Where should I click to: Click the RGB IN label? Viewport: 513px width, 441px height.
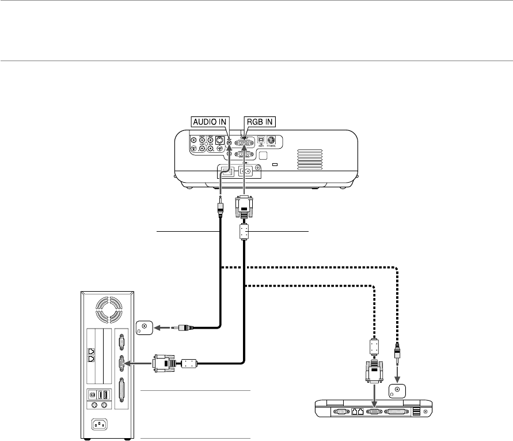[260, 122]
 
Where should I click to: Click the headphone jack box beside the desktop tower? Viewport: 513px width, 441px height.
[144, 327]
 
